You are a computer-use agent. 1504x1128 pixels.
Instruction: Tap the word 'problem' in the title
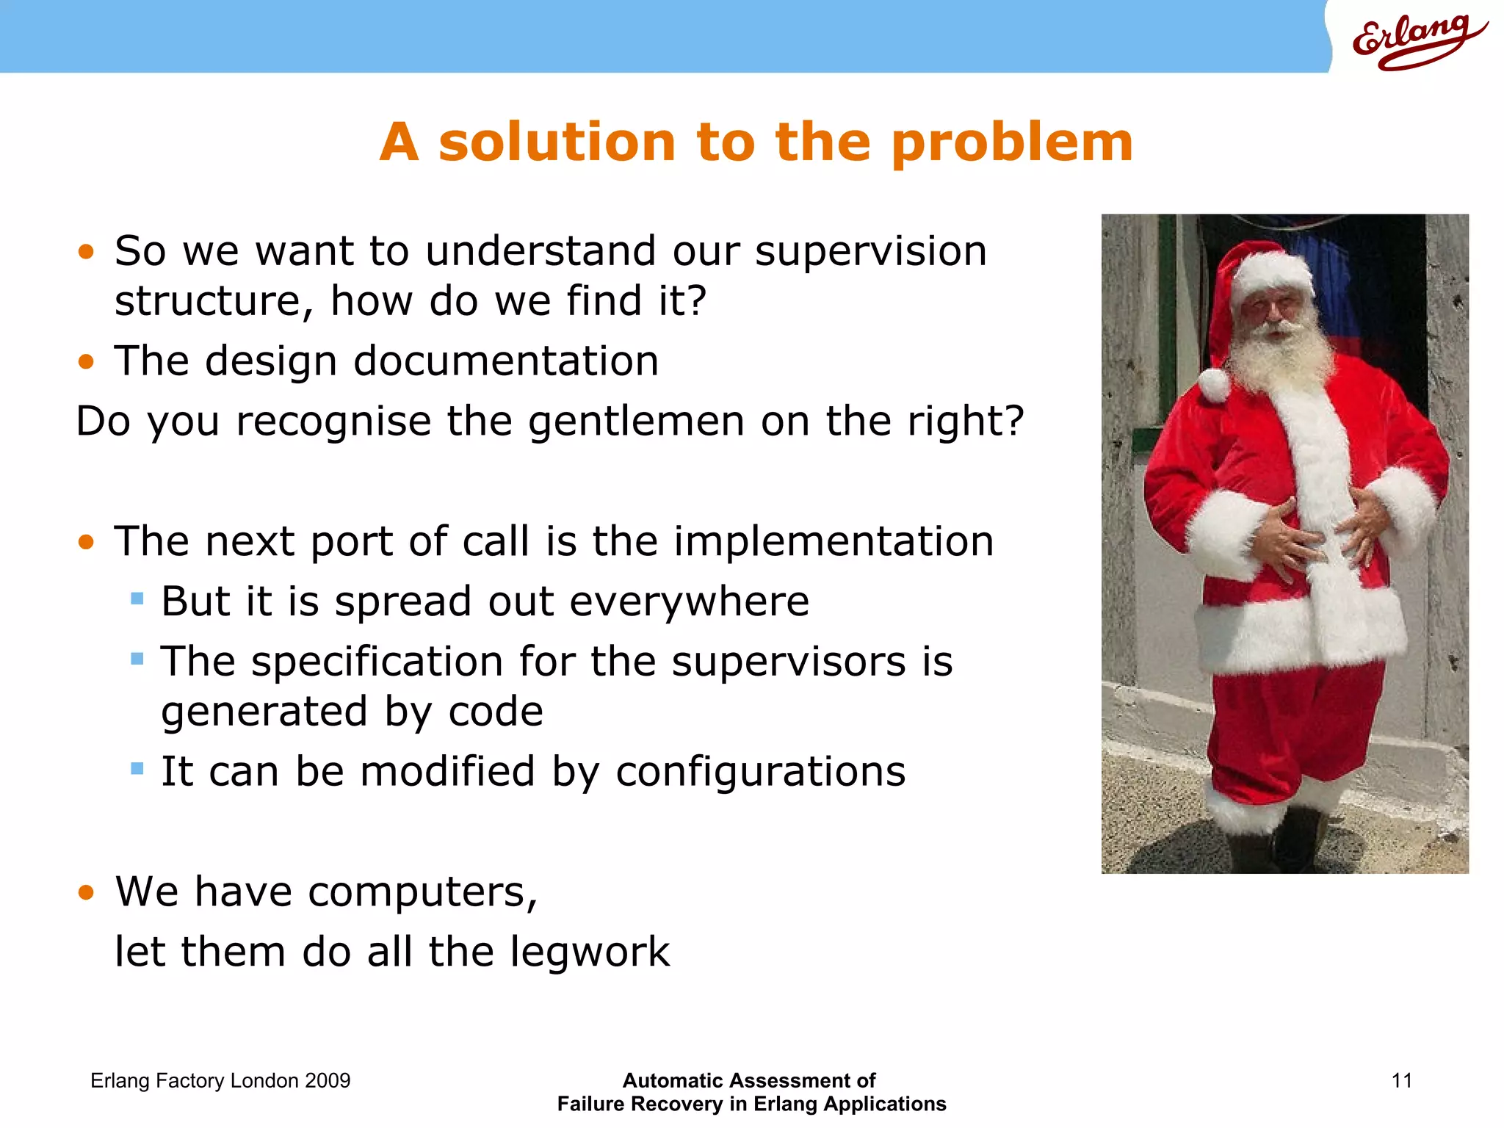pyautogui.click(x=1012, y=143)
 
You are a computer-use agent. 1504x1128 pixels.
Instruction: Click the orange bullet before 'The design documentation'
pyautogui.click(x=87, y=361)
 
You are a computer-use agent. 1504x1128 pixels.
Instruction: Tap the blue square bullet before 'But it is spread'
pyautogui.click(x=137, y=599)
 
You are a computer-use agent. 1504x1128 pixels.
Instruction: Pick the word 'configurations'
pyautogui.click(x=760, y=772)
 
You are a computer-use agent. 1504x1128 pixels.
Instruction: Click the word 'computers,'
pyautogui.click(x=422, y=892)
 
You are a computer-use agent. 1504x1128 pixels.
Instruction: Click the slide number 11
pyautogui.click(x=1401, y=1080)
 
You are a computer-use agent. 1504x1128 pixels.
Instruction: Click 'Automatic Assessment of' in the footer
pyautogui.click(x=749, y=1080)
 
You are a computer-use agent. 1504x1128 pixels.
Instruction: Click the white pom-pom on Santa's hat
pyautogui.click(x=1214, y=384)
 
